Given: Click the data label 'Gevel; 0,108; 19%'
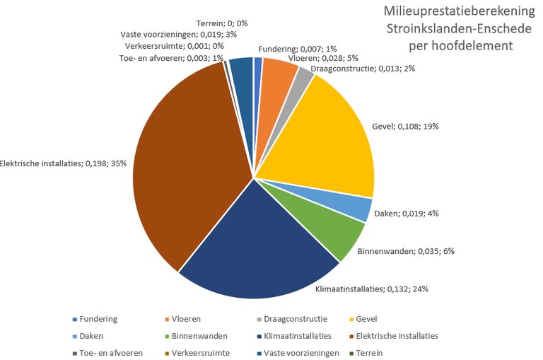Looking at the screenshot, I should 406,127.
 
